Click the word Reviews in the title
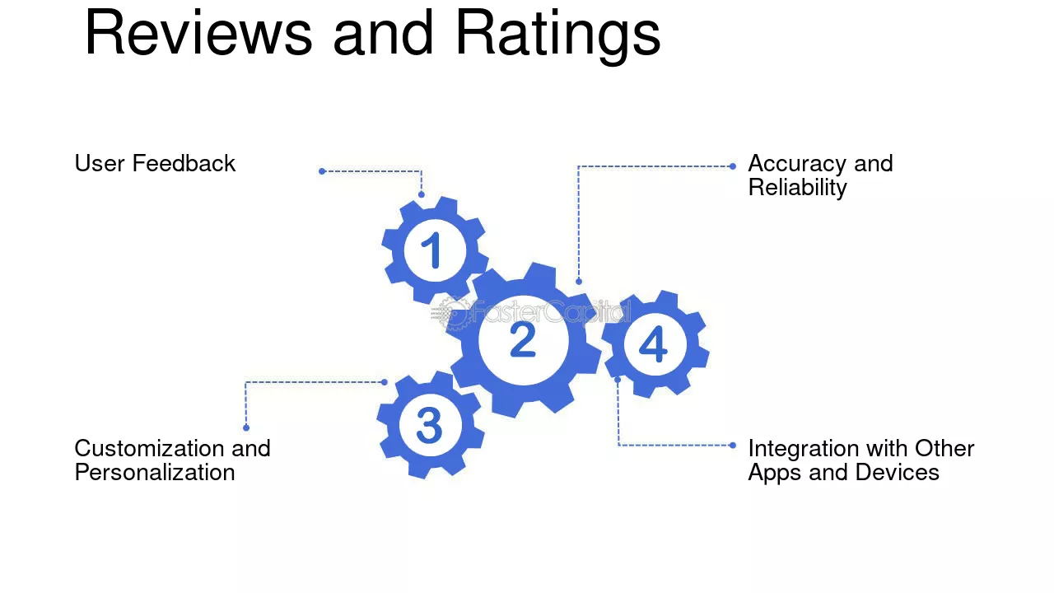[x=198, y=34]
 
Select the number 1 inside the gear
[x=431, y=250]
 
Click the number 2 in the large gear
[x=523, y=339]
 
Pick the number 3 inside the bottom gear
[x=429, y=426]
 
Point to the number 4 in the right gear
[x=653, y=344]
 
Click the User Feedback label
[x=155, y=164]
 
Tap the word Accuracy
[x=798, y=164]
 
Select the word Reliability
[x=797, y=188]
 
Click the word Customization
[x=149, y=449]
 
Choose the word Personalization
[x=155, y=473]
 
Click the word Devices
[x=897, y=473]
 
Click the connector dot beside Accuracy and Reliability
[x=733, y=166]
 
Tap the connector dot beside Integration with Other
[x=733, y=446]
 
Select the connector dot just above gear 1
[x=421, y=194]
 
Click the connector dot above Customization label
[x=246, y=427]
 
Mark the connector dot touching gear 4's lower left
[x=618, y=380]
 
